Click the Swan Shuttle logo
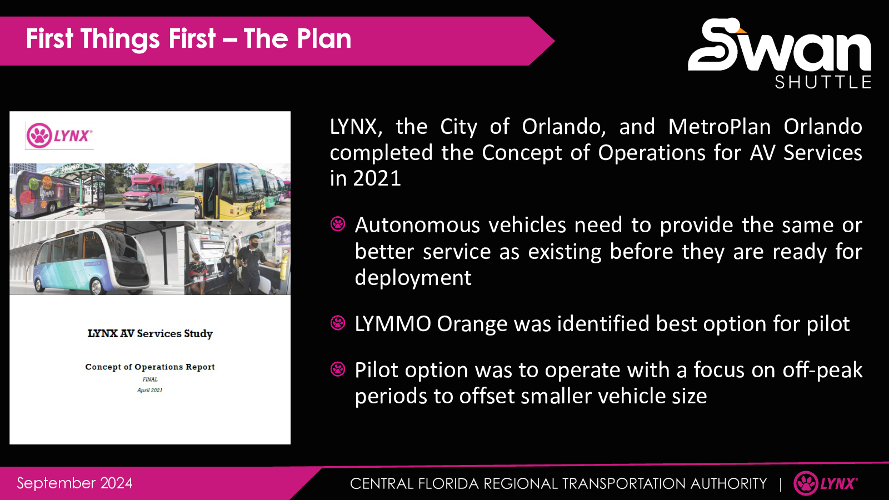pyautogui.click(x=780, y=53)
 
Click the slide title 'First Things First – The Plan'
pyautogui.click(x=188, y=39)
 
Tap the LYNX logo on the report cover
pyautogui.click(x=59, y=136)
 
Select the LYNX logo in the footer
pyautogui.click(x=826, y=483)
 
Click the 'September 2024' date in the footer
pyautogui.click(x=74, y=483)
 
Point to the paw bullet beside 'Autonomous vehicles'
pyautogui.click(x=338, y=224)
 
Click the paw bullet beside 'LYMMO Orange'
pyautogui.click(x=338, y=323)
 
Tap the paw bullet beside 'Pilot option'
pyautogui.click(x=338, y=369)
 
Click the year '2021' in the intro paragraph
pyautogui.click(x=377, y=178)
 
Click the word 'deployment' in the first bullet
pyautogui.click(x=413, y=277)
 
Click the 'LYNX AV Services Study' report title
pyautogui.click(x=150, y=333)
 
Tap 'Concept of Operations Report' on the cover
pyautogui.click(x=150, y=367)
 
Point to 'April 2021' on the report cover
pyautogui.click(x=150, y=390)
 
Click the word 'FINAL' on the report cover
pyautogui.click(x=150, y=379)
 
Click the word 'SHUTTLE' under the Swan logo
pyautogui.click(x=823, y=82)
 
